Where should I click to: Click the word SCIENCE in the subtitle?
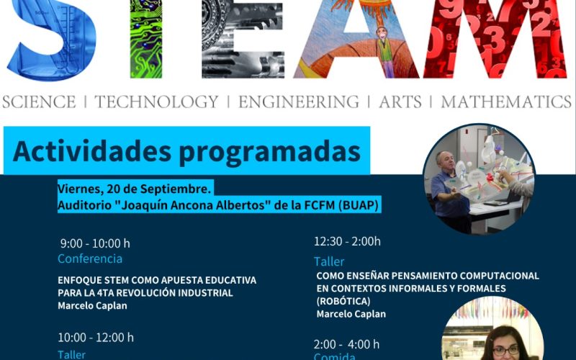coord(39,102)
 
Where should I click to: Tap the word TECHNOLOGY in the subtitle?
coord(156,102)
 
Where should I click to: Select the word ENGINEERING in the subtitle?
coord(298,102)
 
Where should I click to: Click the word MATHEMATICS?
coord(505,102)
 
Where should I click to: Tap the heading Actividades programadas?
coord(186,151)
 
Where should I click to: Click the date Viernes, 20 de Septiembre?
coord(134,189)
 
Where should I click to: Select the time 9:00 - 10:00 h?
coord(95,243)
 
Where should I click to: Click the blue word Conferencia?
coord(90,258)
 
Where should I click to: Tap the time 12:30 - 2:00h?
coord(347,242)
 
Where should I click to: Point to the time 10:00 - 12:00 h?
coord(96,337)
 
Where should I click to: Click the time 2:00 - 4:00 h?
coord(346,344)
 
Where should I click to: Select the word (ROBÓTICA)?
coord(343,301)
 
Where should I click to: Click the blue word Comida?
coord(335,356)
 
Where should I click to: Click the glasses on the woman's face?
coord(505,350)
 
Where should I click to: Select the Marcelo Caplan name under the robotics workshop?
coord(351,314)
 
